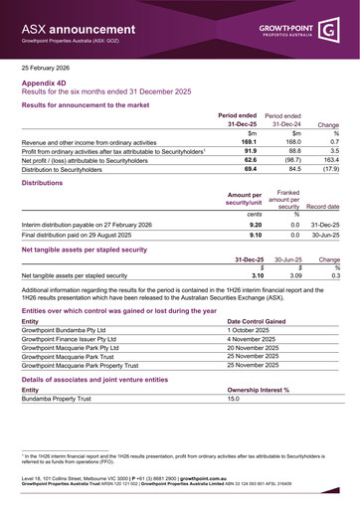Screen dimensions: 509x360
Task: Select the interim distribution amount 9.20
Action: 252,225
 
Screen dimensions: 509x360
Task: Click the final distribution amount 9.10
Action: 252,235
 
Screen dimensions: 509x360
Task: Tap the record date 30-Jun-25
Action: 324,235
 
